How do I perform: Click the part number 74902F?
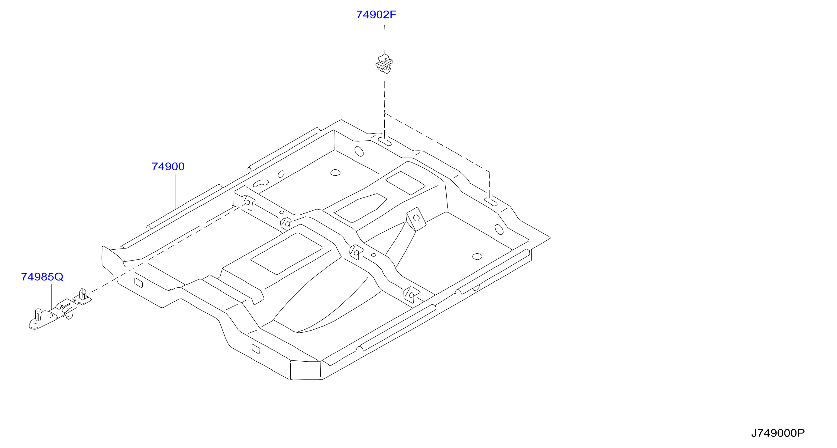tap(376, 14)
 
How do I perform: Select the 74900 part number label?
tap(168, 167)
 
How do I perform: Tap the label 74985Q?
tap(42, 277)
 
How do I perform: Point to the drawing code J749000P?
tap(778, 433)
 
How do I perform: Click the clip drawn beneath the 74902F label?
tap(384, 64)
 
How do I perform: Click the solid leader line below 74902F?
tap(385, 40)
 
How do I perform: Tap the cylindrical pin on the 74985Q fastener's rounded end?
tap(38, 314)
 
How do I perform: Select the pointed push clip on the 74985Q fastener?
tap(83, 293)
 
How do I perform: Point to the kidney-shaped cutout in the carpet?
tap(261, 183)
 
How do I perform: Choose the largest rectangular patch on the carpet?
tap(286, 254)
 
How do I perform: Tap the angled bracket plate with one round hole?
tap(416, 219)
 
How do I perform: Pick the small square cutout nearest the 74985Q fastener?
tap(138, 283)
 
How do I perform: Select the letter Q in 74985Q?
tap(59, 277)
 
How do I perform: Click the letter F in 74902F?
tap(393, 14)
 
